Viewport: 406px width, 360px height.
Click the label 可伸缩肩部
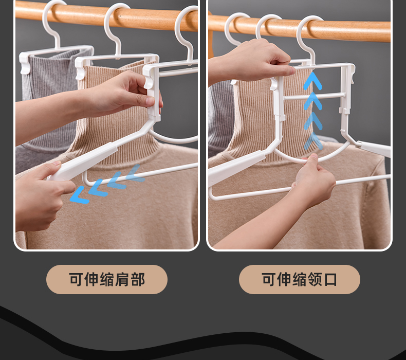pyautogui.click(x=107, y=279)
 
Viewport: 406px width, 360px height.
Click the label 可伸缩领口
pyautogui.click(x=299, y=279)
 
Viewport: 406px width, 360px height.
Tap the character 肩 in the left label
pyautogui.click(x=122, y=279)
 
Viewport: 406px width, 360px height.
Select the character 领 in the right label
pyautogui.click(x=315, y=279)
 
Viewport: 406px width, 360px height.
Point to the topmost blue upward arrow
pyautogui.click(x=313, y=81)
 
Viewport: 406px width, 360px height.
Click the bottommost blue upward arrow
pyautogui.click(x=313, y=141)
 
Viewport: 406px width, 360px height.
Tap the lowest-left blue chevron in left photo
pyautogui.click(x=80, y=195)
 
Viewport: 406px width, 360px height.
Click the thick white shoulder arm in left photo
pyautogui.click(x=83, y=162)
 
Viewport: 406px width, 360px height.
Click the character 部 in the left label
pyautogui.click(x=138, y=279)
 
